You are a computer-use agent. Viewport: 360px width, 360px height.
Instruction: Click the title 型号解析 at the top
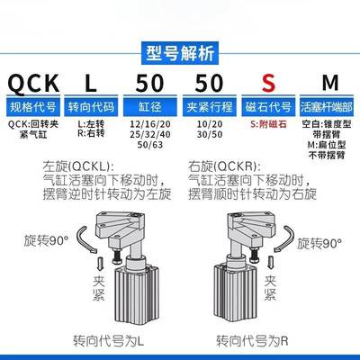[x=180, y=51]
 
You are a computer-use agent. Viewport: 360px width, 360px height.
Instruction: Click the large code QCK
[x=33, y=85]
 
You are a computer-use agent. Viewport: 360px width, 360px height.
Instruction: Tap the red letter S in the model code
[x=267, y=85]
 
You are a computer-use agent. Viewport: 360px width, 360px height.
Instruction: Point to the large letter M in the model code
[x=328, y=85]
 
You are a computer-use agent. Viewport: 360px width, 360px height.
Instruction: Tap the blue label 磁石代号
[x=267, y=109]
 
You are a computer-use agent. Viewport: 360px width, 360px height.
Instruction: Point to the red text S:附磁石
[x=267, y=124]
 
